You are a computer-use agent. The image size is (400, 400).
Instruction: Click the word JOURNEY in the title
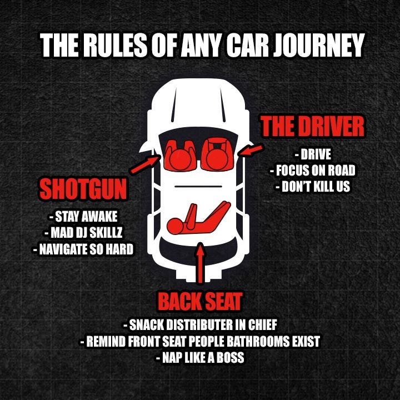pyautogui.click(x=318, y=45)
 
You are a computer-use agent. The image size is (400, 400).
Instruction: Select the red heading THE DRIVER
pyautogui.click(x=312, y=127)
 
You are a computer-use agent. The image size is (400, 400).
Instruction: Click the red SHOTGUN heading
pyautogui.click(x=83, y=189)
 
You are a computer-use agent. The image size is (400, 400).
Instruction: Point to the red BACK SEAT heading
pyautogui.click(x=200, y=301)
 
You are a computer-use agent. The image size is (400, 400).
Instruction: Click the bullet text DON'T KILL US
pyautogui.click(x=312, y=187)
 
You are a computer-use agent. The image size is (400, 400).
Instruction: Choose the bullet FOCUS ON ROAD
pyautogui.click(x=312, y=170)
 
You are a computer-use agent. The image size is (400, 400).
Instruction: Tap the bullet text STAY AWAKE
pyautogui.click(x=83, y=217)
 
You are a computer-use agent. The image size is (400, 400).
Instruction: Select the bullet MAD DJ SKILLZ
pyautogui.click(x=83, y=233)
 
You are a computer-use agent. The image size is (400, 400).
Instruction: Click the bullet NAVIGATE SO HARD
pyautogui.click(x=83, y=249)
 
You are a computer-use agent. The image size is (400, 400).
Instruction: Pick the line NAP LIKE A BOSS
pyautogui.click(x=200, y=357)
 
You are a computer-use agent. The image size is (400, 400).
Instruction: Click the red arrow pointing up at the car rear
pyautogui.click(x=201, y=263)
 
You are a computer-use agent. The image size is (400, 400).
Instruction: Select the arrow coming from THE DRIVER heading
pyautogui.click(x=251, y=150)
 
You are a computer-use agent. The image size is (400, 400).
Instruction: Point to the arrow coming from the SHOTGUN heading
pyautogui.click(x=145, y=164)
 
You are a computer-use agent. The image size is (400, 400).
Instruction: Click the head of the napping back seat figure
pyautogui.click(x=175, y=226)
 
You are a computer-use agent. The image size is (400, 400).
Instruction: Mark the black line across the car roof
pyautogui.click(x=198, y=187)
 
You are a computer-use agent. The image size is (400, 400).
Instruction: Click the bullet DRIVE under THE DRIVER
pyautogui.click(x=313, y=154)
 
